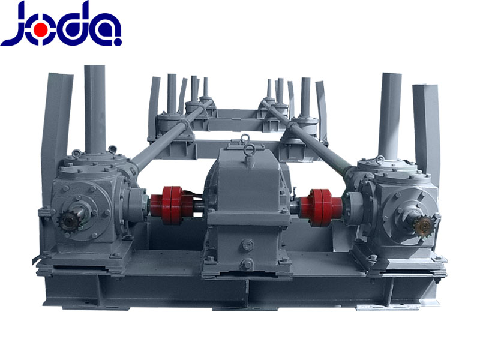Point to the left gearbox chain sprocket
coord(68,221)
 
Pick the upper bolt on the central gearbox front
coord(247,245)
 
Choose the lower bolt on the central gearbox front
coord(247,264)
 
